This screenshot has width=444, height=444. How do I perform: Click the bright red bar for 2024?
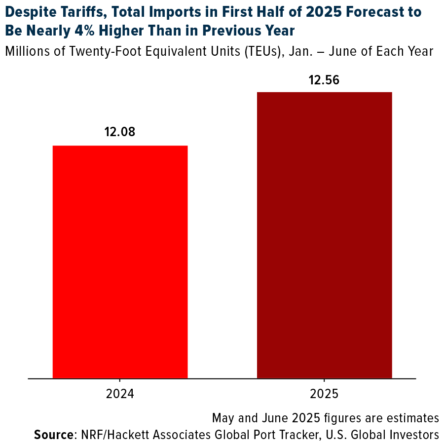(120, 261)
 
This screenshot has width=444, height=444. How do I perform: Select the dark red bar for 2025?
(324, 235)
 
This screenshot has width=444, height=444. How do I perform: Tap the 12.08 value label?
(119, 132)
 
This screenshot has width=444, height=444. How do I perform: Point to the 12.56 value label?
(324, 80)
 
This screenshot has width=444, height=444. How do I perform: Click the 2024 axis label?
(120, 395)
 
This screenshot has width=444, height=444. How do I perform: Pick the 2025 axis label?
(324, 395)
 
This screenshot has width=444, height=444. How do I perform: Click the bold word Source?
(53, 435)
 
